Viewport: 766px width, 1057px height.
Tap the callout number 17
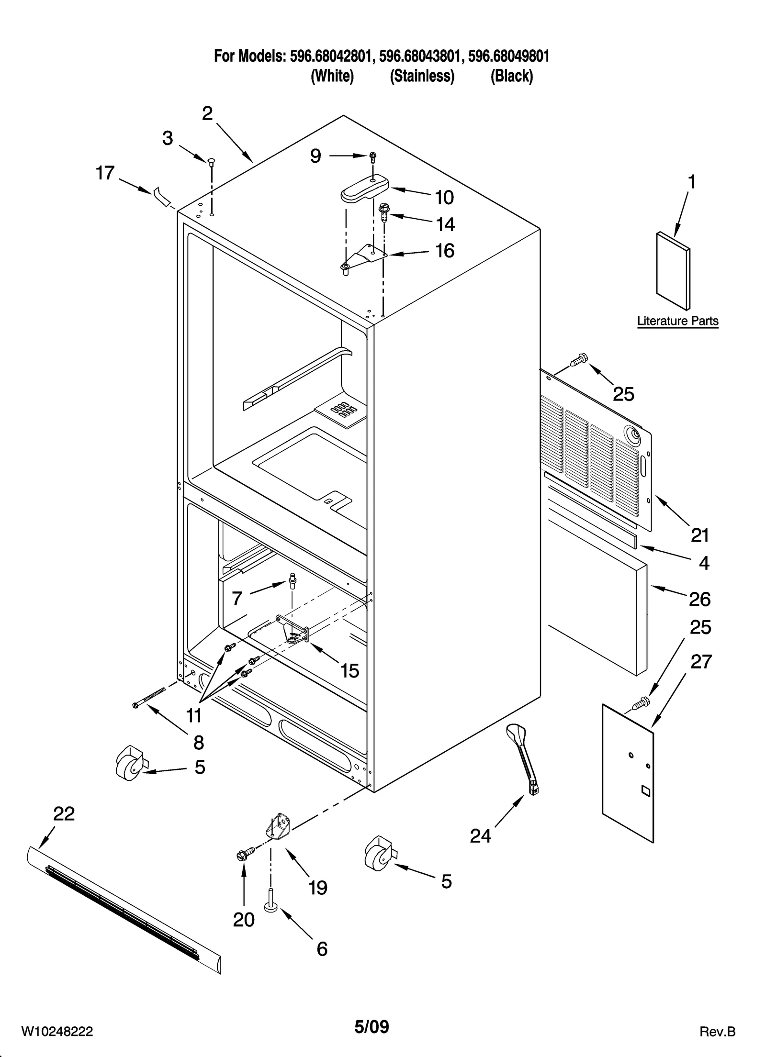(105, 173)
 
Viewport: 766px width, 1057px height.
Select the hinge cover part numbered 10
(364, 191)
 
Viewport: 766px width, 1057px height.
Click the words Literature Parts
(677, 321)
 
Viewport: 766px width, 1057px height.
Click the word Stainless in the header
(422, 76)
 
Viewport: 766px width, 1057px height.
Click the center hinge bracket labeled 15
(293, 630)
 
